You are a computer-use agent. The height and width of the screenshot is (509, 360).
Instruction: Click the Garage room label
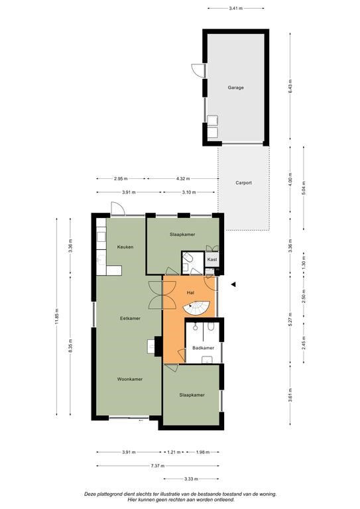(235, 87)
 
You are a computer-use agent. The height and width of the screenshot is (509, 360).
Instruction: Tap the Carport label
(243, 183)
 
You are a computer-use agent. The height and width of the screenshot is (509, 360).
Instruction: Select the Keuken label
(125, 247)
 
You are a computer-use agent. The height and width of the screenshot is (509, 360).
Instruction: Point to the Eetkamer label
(130, 318)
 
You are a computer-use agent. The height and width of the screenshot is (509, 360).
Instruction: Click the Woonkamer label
(130, 379)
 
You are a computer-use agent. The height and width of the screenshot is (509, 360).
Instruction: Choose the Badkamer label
(204, 348)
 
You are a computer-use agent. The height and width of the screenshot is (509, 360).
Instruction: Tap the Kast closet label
(212, 260)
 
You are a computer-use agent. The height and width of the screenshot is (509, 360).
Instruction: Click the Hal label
(190, 293)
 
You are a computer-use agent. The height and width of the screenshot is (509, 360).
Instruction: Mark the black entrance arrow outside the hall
(233, 285)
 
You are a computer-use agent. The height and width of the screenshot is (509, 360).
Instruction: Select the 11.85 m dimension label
(57, 317)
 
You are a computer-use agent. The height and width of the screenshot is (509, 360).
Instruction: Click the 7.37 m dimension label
(158, 466)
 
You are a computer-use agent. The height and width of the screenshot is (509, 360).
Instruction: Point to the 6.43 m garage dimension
(290, 86)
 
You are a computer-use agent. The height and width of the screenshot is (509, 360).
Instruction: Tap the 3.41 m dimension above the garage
(235, 8)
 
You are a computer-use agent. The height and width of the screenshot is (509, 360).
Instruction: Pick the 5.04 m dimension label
(304, 188)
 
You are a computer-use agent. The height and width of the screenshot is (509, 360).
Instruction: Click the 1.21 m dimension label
(174, 452)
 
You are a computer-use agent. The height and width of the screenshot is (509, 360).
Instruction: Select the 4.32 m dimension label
(183, 178)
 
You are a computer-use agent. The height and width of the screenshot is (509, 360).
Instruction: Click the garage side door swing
(198, 71)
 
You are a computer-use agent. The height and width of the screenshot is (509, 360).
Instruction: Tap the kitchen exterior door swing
(118, 208)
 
